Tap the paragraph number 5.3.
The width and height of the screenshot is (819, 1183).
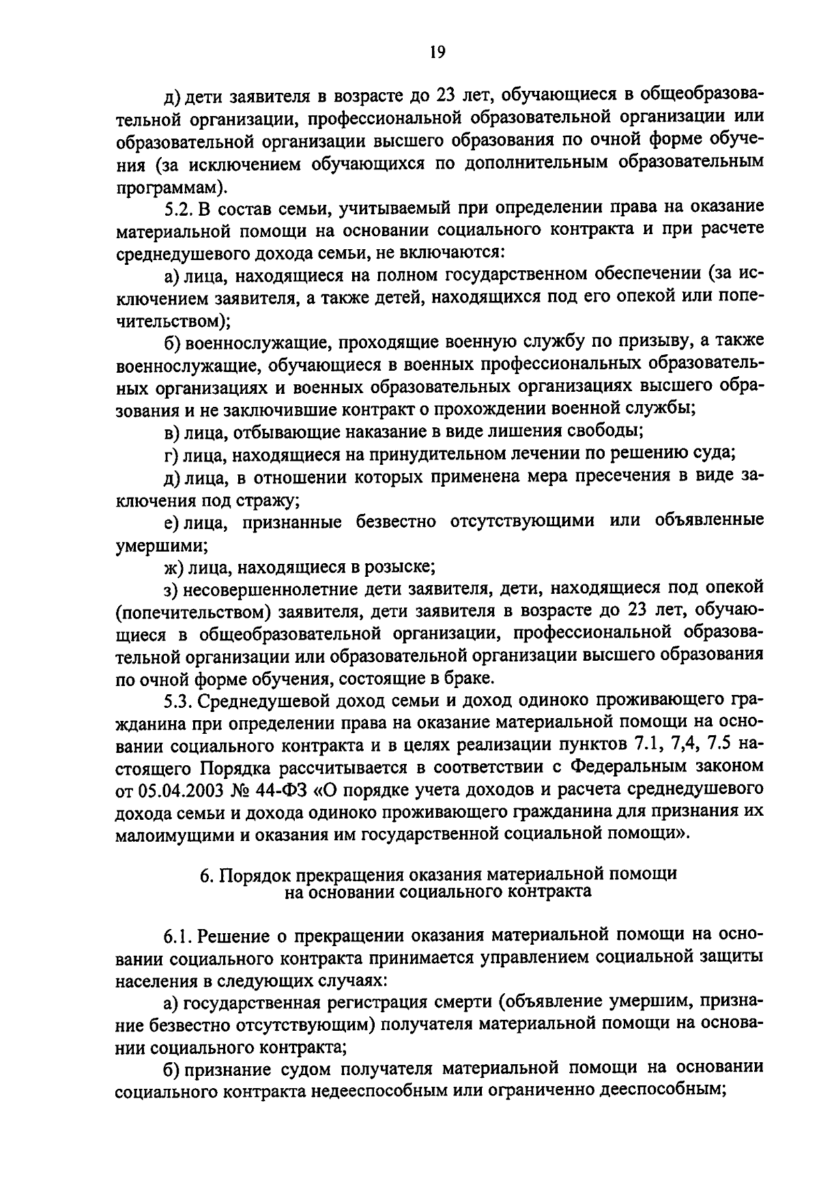[179, 700]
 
